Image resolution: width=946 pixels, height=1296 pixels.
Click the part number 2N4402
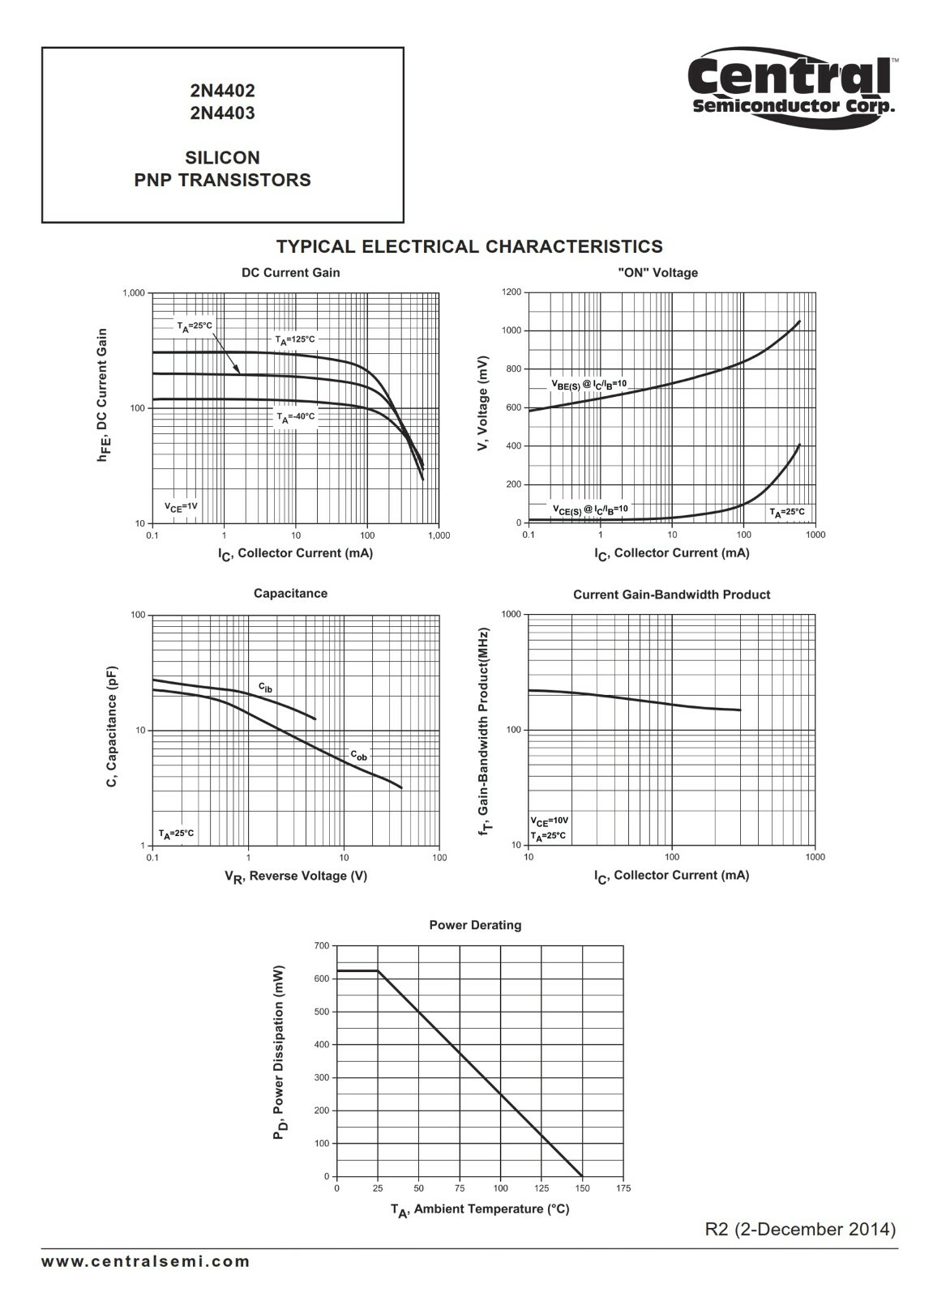pos(222,92)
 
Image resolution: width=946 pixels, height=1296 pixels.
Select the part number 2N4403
pos(222,113)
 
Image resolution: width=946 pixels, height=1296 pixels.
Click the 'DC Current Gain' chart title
pos(290,273)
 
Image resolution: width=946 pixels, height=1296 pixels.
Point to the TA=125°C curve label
pos(294,340)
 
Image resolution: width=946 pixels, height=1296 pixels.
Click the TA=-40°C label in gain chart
pos(296,417)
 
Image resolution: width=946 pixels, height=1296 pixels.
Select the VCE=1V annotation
pos(181,507)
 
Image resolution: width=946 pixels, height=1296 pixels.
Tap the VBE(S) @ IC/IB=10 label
pos(589,384)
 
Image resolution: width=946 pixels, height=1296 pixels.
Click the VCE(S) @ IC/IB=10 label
pos(590,509)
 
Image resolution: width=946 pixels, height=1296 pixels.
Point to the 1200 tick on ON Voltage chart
pos(512,292)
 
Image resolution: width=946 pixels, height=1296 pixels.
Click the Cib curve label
pos(266,688)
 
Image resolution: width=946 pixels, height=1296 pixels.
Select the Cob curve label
pos(358,756)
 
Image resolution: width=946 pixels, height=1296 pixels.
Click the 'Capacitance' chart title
pos(290,594)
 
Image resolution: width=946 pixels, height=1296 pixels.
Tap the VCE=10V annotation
pos(550,821)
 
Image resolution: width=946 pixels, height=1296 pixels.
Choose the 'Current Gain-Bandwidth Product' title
pos(671,595)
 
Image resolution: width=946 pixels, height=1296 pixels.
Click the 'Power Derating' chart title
pos(475,925)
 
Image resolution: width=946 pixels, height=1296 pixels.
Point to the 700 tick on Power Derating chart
pos(322,946)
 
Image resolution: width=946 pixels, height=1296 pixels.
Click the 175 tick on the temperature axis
pos(623,1188)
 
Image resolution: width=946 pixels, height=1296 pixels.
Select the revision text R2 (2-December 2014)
pos(801,1230)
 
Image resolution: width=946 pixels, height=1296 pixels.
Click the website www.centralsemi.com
pos(146,1261)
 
